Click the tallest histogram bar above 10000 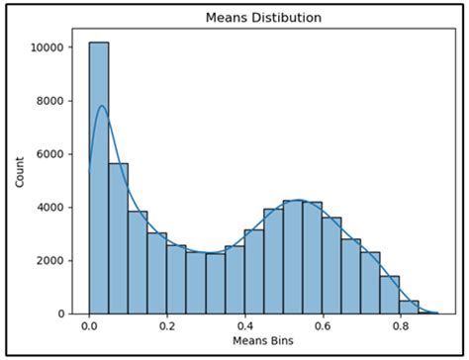tap(99, 178)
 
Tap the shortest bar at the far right tap(409, 307)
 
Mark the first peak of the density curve tap(100, 106)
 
